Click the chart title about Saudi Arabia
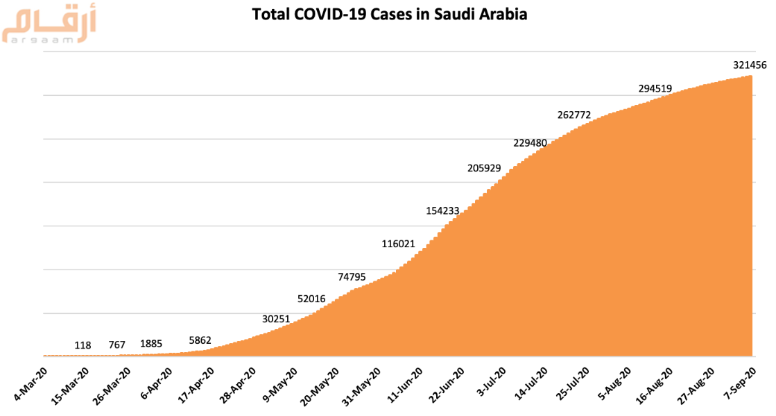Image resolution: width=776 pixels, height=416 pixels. [x=390, y=15]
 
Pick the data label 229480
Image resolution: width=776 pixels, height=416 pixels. [x=531, y=143]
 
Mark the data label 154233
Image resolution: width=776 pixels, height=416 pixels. [x=443, y=211]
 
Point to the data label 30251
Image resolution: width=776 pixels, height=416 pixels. [x=276, y=319]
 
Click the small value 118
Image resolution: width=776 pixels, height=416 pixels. [x=83, y=345]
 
